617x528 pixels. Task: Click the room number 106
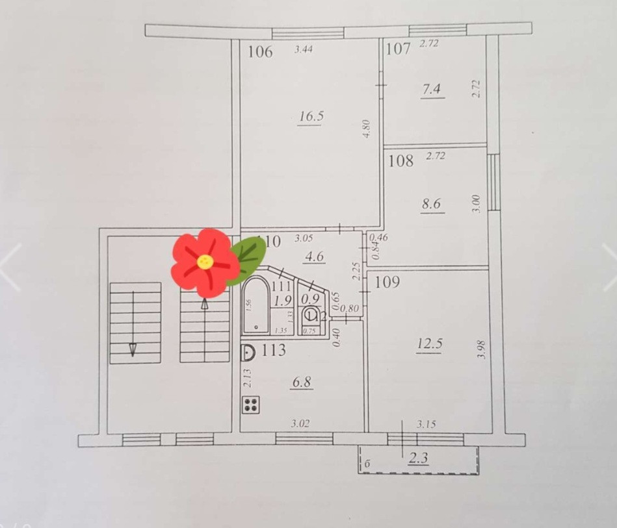(x=260, y=52)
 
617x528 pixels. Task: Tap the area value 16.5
(x=311, y=117)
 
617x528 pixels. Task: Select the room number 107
(x=398, y=48)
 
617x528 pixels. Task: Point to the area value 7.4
(x=432, y=90)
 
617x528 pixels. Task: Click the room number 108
(x=400, y=160)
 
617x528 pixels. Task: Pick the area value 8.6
(x=431, y=204)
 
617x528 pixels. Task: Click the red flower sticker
(x=204, y=262)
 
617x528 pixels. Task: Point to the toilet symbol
(x=311, y=316)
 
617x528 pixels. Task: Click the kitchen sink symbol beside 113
(x=247, y=353)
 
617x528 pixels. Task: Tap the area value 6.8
(x=302, y=383)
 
